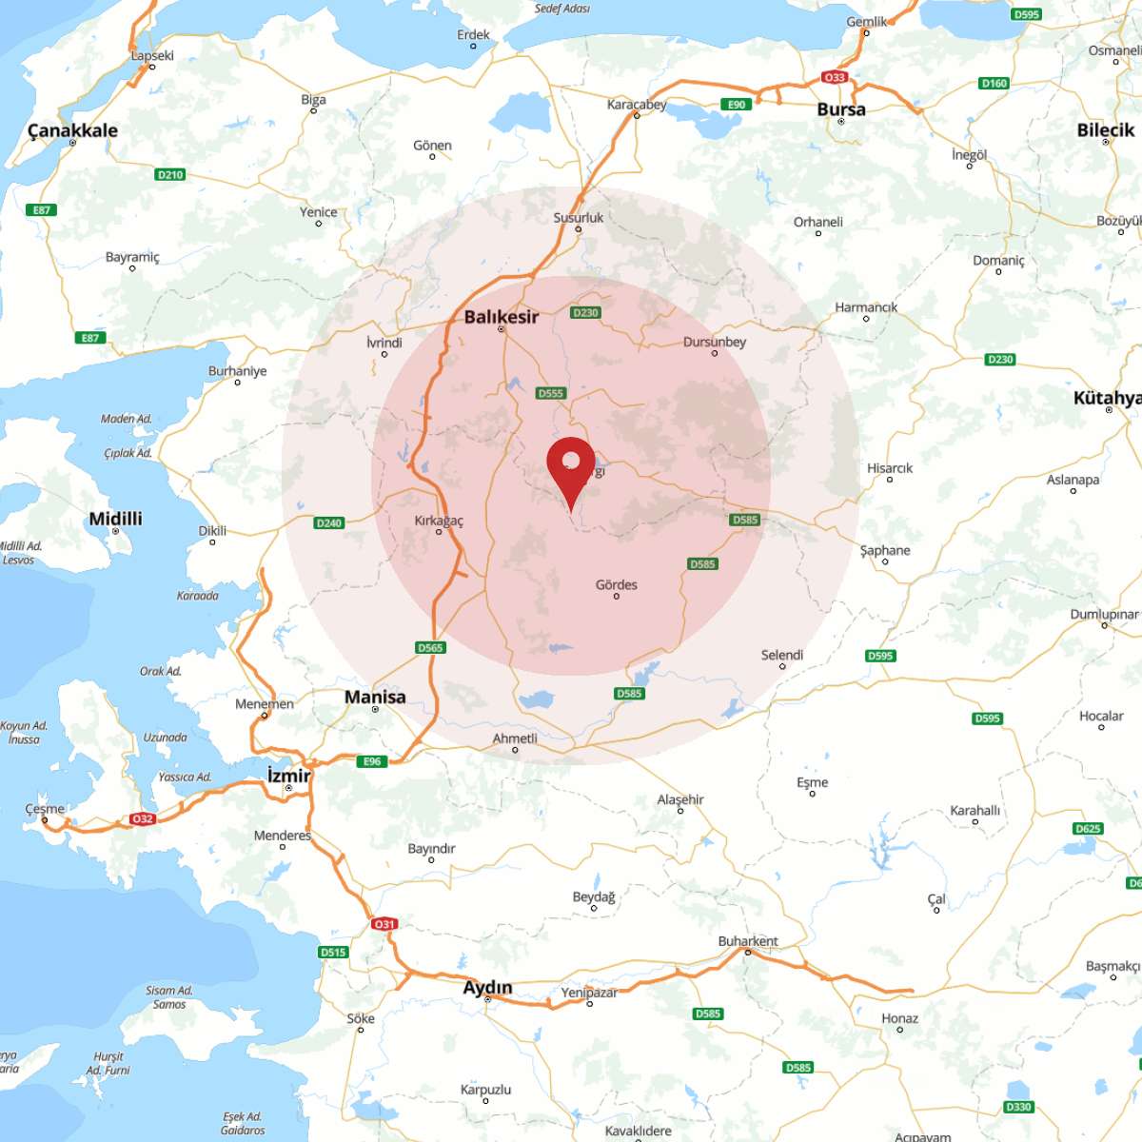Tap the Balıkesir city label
click(501, 317)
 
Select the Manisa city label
click(375, 697)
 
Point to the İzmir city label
click(288, 776)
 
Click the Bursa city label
click(841, 109)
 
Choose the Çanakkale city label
click(72, 130)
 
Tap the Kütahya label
click(1107, 398)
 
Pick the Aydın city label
click(487, 988)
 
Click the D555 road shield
click(551, 393)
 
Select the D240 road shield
click(328, 522)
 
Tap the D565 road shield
click(430, 647)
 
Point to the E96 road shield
click(372, 761)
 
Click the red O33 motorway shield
click(835, 77)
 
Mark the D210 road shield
click(169, 174)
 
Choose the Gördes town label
click(616, 584)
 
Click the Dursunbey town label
click(714, 342)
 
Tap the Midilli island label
click(115, 519)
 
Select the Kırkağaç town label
click(439, 521)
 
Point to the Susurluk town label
click(578, 218)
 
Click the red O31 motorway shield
click(384, 924)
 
